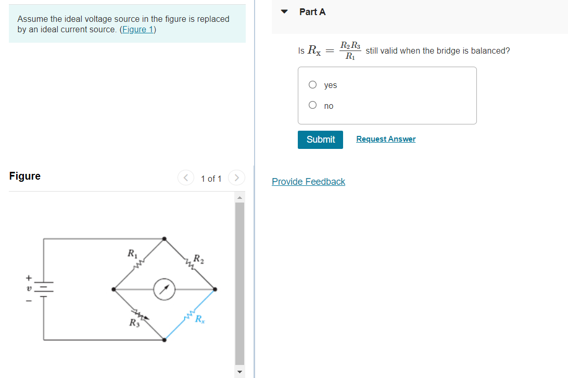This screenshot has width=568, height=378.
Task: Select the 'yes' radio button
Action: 312,85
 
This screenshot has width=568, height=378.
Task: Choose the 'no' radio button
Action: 312,105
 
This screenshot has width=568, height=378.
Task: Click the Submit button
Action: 320,140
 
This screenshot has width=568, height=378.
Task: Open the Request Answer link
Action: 386,139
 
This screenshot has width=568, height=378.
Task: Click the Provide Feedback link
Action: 308,182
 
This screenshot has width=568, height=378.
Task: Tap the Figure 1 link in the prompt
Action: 137,29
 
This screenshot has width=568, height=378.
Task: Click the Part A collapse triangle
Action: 284,11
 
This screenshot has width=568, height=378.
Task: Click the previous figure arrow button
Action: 185,178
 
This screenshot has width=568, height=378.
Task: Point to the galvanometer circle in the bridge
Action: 164,289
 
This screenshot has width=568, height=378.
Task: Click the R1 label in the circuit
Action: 132,254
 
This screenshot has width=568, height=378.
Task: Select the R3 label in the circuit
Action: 134,323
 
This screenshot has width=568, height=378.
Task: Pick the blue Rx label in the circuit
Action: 199,319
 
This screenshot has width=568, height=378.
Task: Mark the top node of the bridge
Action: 165,239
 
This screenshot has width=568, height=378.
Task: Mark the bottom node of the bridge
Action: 165,340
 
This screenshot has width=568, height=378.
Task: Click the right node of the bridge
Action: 215,289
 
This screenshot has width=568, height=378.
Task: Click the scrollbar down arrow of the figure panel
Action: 239,372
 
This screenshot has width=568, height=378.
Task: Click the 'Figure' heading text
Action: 25,176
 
